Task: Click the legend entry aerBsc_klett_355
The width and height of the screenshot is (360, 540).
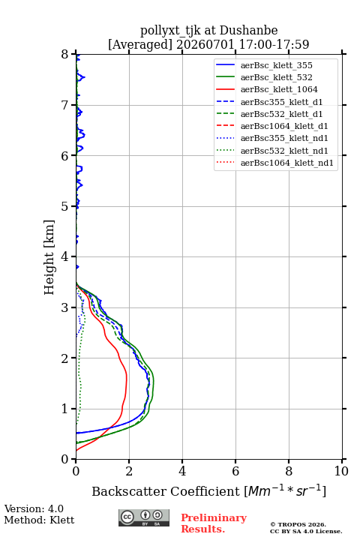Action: (264, 65)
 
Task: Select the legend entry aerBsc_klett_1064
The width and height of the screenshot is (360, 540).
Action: (267, 89)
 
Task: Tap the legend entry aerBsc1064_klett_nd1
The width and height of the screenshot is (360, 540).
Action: (274, 163)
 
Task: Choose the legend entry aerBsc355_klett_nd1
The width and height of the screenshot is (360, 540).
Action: (271, 139)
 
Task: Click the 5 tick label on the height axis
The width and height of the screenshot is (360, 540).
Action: (65, 207)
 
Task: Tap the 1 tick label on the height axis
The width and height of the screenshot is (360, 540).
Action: (65, 409)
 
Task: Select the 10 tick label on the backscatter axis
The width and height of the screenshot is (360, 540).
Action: (341, 471)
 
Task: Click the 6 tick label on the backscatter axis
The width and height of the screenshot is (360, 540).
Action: (235, 471)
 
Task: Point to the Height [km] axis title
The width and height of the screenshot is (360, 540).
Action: (49, 257)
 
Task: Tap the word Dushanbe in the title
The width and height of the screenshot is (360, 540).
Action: (248, 31)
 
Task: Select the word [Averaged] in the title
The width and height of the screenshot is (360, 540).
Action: (139, 45)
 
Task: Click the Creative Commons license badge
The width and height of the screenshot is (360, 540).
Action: (144, 518)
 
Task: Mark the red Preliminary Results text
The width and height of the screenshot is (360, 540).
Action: (214, 523)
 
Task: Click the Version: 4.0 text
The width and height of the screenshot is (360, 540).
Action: (34, 508)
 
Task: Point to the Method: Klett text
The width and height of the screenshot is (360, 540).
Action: (39, 520)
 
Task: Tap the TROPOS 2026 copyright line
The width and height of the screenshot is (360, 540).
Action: (298, 524)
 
